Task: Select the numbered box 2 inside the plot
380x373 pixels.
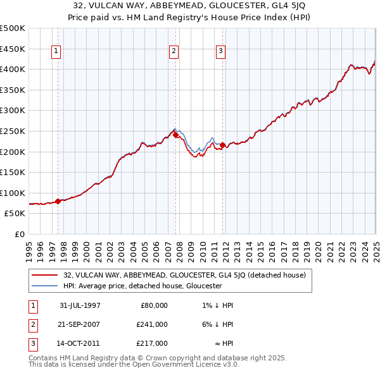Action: pos(174,52)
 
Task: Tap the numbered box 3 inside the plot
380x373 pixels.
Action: pos(220,52)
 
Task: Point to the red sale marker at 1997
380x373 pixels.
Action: pos(58,201)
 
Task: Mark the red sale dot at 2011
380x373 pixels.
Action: pos(223,145)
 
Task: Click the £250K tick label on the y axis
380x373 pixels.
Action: pos(13,131)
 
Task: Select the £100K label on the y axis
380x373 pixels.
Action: pos(13,193)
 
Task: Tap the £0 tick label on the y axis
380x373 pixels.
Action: pos(18,234)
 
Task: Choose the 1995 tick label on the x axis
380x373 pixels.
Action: pos(29,247)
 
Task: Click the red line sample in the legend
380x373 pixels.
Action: pos(44,275)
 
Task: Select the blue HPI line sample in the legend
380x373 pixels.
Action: pos(44,286)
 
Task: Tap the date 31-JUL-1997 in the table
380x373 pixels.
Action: pos(79,305)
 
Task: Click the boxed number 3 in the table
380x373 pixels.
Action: pos(31,343)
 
